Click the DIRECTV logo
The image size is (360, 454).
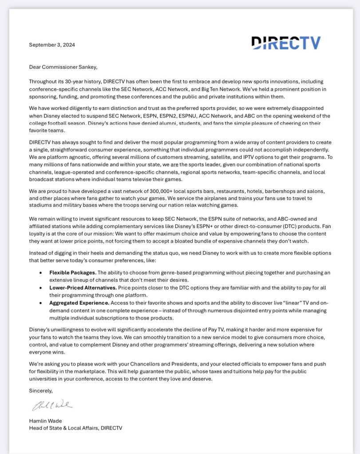286,43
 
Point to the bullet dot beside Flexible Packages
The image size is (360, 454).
41,272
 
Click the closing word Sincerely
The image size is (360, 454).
41,391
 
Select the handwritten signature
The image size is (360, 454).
51,406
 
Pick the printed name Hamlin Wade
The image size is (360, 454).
45,421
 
